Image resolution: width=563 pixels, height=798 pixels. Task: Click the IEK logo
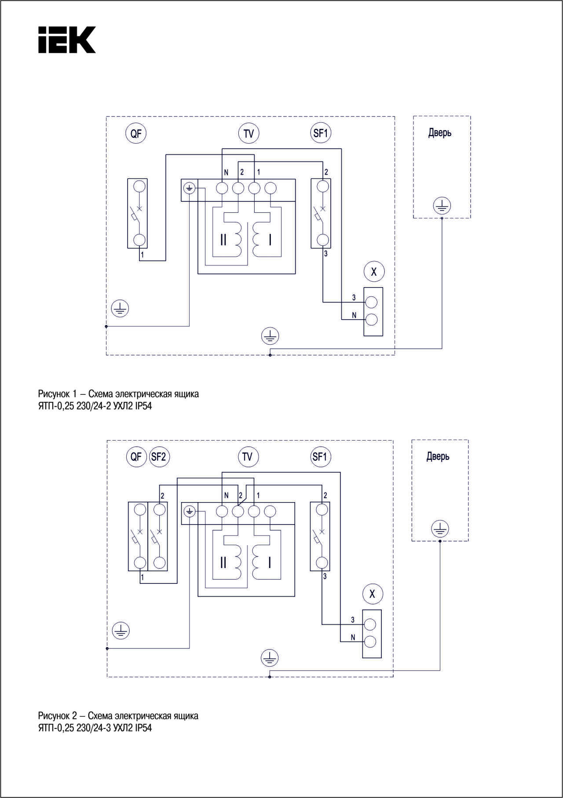(x=67, y=40)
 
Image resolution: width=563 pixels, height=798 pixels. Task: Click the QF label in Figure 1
(x=136, y=133)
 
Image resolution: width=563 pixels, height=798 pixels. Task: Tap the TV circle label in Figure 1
(x=249, y=133)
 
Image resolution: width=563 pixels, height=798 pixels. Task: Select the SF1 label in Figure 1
(x=320, y=133)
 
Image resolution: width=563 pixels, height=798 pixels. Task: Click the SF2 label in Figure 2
(x=159, y=456)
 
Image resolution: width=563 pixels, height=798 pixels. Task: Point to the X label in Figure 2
(x=373, y=594)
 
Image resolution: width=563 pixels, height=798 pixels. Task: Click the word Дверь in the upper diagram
(x=440, y=132)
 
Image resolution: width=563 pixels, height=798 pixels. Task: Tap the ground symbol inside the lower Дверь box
(x=440, y=529)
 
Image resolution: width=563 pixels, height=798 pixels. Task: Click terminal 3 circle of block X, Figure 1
(x=372, y=302)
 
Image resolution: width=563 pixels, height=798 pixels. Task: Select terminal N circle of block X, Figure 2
(x=370, y=642)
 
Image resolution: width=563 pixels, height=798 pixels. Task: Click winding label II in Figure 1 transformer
(x=223, y=240)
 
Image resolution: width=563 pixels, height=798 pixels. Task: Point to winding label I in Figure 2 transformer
(x=270, y=562)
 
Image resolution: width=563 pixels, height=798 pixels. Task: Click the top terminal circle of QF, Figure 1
(x=139, y=186)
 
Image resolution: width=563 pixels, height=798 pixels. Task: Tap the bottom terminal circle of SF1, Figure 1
(x=323, y=240)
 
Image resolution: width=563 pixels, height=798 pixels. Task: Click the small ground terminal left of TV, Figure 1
(x=189, y=188)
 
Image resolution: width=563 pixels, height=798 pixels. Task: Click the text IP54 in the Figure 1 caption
(x=143, y=406)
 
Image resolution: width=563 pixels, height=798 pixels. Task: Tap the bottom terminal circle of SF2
(x=160, y=563)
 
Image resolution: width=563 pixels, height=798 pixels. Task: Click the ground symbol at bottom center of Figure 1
(x=270, y=336)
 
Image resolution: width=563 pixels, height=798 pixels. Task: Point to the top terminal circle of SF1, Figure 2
(x=322, y=510)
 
